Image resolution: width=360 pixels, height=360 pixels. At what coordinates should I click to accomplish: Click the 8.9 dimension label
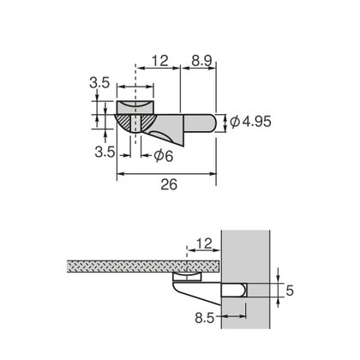(x=201, y=61)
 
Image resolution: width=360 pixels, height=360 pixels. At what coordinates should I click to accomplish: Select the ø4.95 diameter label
(x=250, y=123)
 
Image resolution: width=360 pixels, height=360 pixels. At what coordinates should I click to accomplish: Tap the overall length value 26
(x=169, y=184)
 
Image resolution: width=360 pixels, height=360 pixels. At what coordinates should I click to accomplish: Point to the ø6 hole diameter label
(x=164, y=156)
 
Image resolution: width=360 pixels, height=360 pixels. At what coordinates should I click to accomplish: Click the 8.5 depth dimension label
(x=204, y=317)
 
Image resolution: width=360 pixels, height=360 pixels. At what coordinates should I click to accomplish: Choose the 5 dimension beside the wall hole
(x=290, y=291)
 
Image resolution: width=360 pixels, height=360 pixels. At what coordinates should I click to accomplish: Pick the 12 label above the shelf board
(x=205, y=243)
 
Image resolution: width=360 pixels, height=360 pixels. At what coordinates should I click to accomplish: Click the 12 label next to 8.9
(x=159, y=61)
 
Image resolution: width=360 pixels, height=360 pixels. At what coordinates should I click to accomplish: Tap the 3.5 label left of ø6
(x=105, y=152)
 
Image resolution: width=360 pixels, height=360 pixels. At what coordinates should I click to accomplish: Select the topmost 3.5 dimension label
(x=99, y=83)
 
